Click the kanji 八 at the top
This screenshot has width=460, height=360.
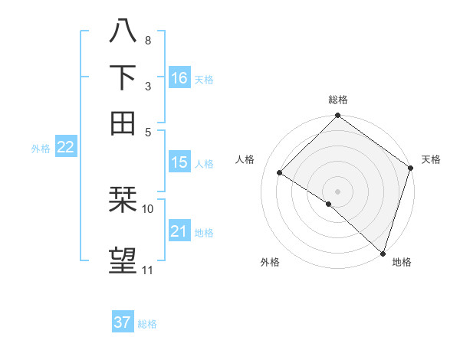pyautogui.click(x=123, y=31)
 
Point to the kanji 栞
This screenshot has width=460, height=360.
pyautogui.click(x=123, y=200)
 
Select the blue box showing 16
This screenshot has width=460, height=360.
pyautogui.click(x=179, y=77)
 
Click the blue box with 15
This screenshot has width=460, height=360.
pyautogui.click(x=179, y=162)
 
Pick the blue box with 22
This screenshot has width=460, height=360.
pyautogui.click(x=65, y=148)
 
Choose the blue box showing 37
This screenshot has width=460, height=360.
pyautogui.click(x=123, y=322)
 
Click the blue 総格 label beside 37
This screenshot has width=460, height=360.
pyautogui.click(x=147, y=324)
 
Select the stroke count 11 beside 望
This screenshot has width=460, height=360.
pyautogui.click(x=148, y=270)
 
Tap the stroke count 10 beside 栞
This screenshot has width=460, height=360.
pyautogui.click(x=148, y=208)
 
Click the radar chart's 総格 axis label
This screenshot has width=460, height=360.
pyautogui.click(x=338, y=100)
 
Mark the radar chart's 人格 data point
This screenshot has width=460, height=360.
pyautogui.click(x=280, y=172)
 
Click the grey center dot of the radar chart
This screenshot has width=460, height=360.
pyautogui.click(x=337, y=191)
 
